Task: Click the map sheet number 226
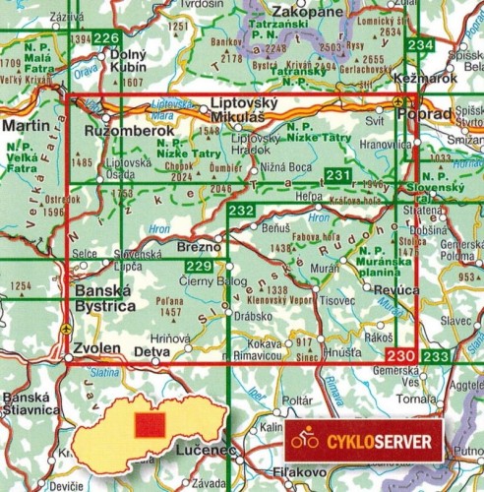(x=106, y=38)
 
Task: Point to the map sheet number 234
(x=420, y=46)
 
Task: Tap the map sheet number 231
(x=337, y=176)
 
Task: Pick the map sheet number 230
(x=399, y=355)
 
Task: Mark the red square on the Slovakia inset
(x=148, y=425)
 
